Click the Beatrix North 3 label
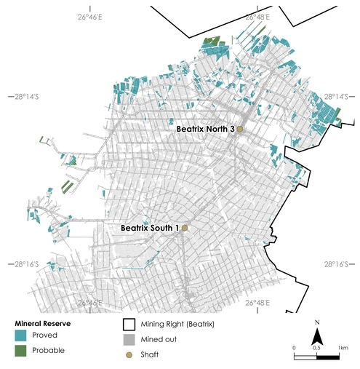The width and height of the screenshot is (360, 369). [205, 129]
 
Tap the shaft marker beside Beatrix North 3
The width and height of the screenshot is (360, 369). [240, 130]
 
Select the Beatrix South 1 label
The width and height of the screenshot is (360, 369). [149, 228]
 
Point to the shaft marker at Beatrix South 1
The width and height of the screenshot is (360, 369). [185, 228]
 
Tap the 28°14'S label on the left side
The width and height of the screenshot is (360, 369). [21, 96]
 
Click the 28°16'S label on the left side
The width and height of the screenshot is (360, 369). [21, 264]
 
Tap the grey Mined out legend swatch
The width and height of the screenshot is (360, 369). [129, 338]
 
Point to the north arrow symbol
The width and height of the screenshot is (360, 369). [317, 336]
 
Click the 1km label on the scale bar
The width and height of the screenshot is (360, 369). [343, 349]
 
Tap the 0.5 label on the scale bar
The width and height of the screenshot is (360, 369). [316, 349]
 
